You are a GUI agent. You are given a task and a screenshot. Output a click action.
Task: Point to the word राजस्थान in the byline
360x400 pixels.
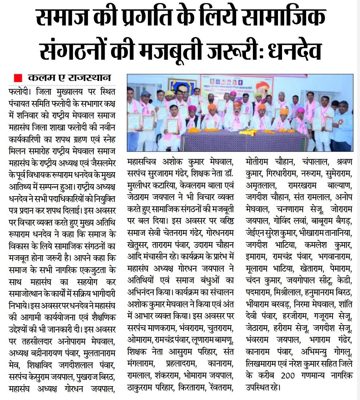coord(89,78)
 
